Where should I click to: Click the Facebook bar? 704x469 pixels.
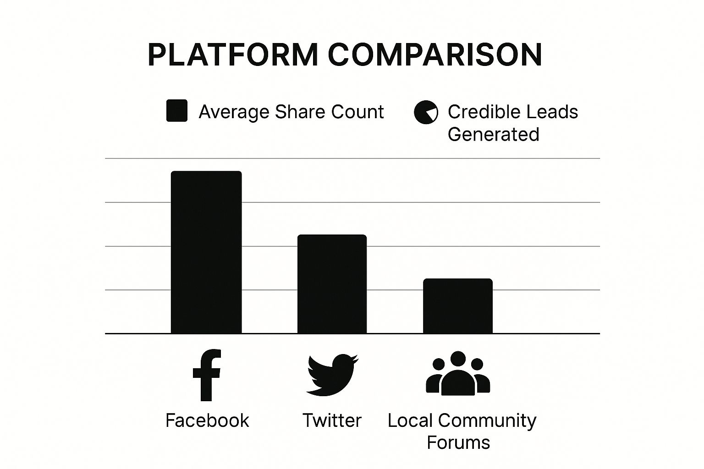[x=206, y=252]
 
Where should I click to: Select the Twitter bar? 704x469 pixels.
[x=332, y=284]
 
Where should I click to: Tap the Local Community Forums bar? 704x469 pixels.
[x=457, y=306]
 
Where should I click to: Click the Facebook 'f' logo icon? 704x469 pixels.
[x=207, y=375]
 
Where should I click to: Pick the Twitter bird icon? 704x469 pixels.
[x=332, y=374]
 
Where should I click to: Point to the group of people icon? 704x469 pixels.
[x=458, y=373]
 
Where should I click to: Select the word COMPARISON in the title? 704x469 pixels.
[x=435, y=55]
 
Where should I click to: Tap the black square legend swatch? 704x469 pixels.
[x=176, y=110]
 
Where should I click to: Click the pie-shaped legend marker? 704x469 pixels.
[x=426, y=112]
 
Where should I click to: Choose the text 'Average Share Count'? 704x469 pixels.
[x=291, y=112]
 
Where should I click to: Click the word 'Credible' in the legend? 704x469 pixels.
[x=477, y=112]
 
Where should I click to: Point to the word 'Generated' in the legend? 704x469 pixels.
[x=493, y=134]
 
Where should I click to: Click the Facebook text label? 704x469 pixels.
[x=207, y=420]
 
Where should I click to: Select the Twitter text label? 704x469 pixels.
[x=332, y=420]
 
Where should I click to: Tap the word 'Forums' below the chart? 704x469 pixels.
[x=458, y=442]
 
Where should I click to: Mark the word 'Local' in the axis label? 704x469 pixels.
[x=410, y=420]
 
